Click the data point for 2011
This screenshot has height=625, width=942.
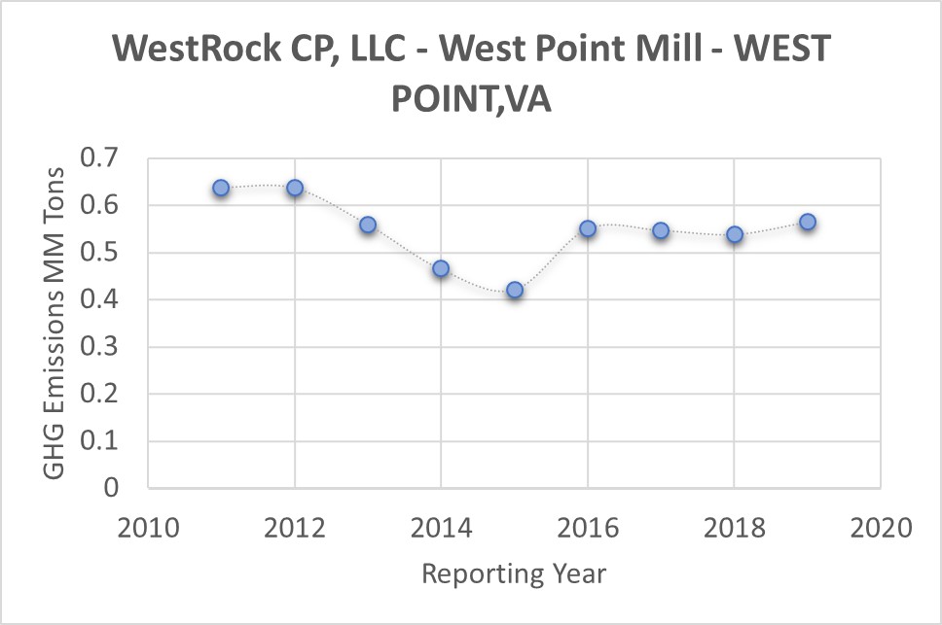pyautogui.click(x=221, y=188)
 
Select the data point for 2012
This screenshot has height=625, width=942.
pyautogui.click(x=294, y=188)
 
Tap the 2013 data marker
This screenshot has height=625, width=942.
pyautogui.click(x=368, y=225)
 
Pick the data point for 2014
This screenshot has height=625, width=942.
pyautogui.click(x=441, y=268)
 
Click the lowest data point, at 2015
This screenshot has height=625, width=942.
pyautogui.click(x=515, y=290)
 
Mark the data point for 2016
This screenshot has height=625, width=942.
pyautogui.click(x=588, y=228)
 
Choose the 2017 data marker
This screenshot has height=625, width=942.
pyautogui.click(x=661, y=230)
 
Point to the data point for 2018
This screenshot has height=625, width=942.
pyautogui.click(x=735, y=234)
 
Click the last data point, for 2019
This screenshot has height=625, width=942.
pyautogui.click(x=808, y=222)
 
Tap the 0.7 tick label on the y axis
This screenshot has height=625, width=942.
pyautogui.click(x=109, y=158)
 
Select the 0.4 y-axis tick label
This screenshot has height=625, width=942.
pyautogui.click(x=109, y=299)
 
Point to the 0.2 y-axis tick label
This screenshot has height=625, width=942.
pyautogui.click(x=109, y=394)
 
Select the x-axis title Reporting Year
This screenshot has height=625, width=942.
pyautogui.click(x=514, y=573)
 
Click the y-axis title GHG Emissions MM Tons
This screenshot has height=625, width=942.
pyautogui.click(x=55, y=323)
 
